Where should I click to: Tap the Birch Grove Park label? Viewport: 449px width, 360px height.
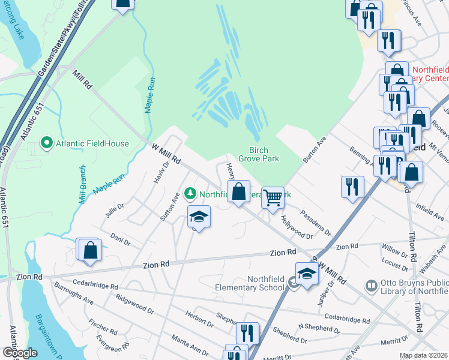[259, 155]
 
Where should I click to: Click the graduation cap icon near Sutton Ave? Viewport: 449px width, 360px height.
[199, 217]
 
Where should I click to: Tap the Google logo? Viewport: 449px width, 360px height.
[20, 352]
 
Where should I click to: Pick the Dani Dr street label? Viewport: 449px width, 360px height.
[120, 240]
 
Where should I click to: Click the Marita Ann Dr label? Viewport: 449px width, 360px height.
[188, 344]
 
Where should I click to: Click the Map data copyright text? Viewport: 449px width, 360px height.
[423, 355]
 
